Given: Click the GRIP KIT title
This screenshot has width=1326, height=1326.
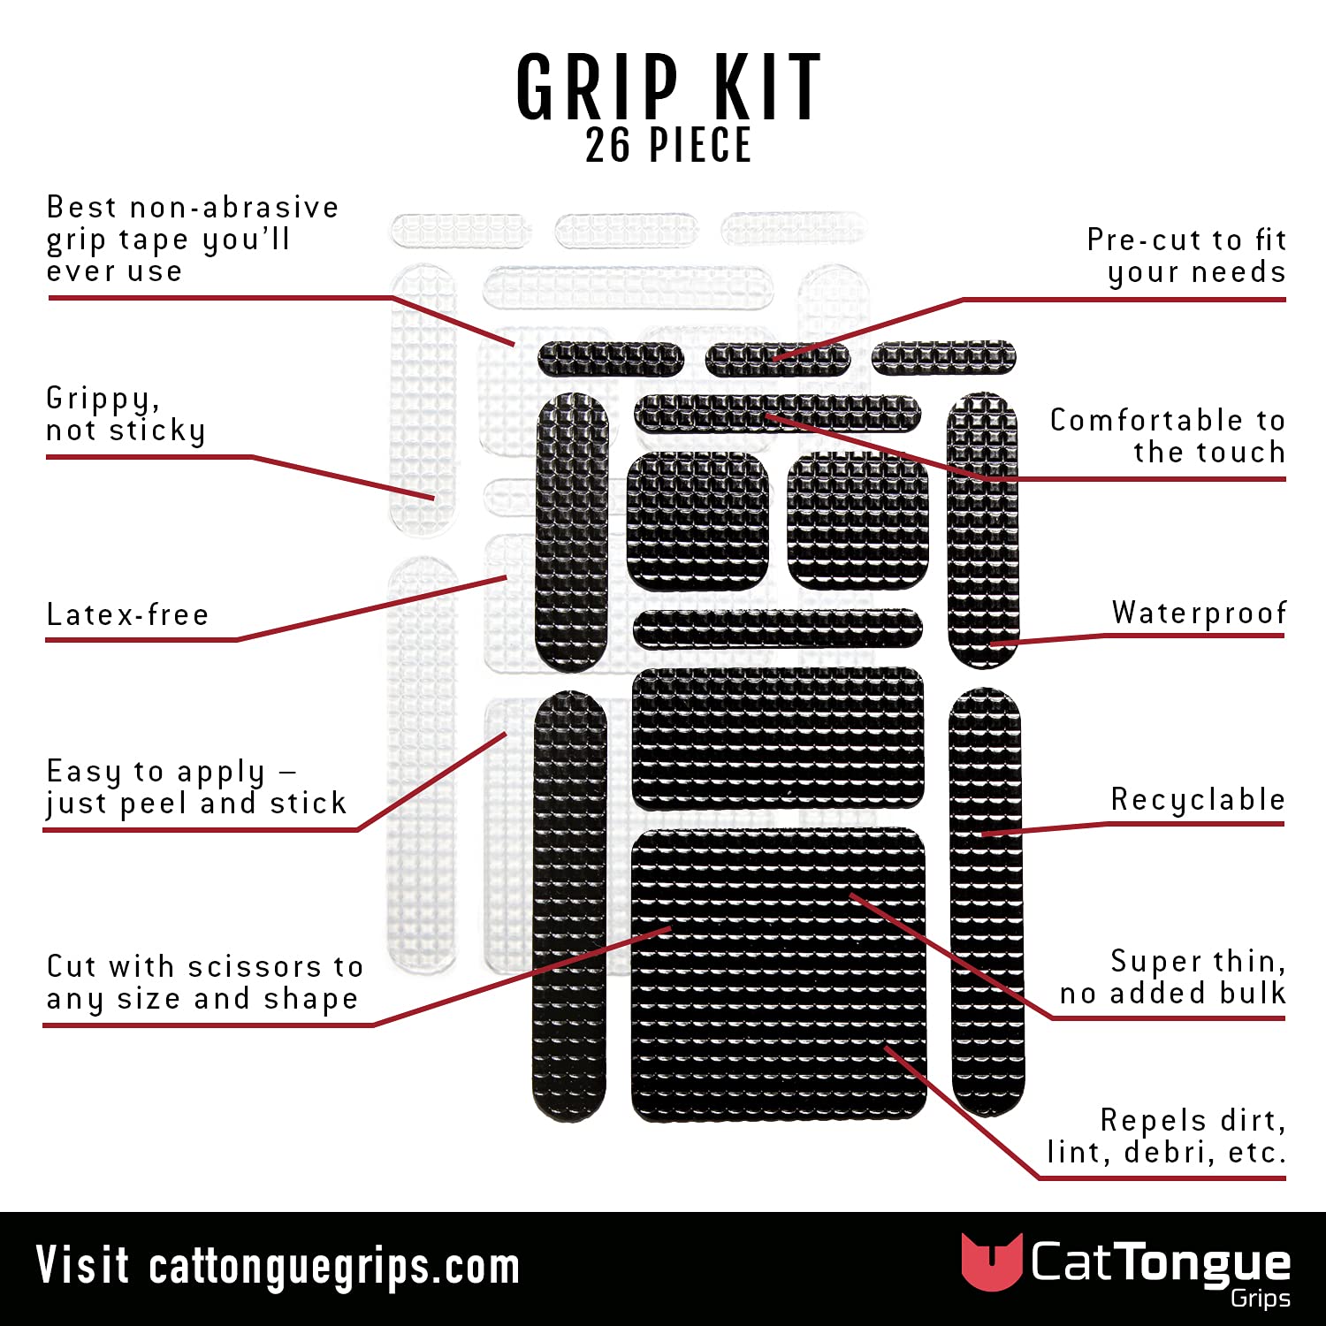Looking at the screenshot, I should tap(668, 88).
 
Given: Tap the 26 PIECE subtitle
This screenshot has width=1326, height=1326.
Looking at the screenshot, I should tap(668, 146).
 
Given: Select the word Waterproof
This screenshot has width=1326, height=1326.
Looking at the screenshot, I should tap(1199, 613).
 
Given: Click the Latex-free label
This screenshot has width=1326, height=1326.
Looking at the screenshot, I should tap(128, 614).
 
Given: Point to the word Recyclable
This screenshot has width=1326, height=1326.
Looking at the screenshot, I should tap(1198, 799).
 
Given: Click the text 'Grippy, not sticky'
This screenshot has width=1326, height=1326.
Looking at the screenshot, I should tap(126, 415).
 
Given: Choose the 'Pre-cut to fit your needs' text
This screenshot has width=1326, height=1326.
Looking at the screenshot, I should tap(1186, 255).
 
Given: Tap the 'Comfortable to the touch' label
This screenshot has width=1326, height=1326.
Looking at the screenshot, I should tap(1167, 436).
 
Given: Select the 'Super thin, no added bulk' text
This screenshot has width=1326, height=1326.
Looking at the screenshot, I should tap(1172, 977).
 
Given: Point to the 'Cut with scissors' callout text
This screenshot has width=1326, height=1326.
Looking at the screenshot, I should tap(204, 982).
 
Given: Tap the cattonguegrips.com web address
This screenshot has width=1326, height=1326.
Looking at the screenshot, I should tap(334, 1267).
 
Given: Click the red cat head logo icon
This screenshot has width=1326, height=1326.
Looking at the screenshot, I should tap(991, 1261).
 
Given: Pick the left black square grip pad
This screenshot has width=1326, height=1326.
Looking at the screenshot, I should tap(697, 521).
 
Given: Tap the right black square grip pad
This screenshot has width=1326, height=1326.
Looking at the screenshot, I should tap(857, 521).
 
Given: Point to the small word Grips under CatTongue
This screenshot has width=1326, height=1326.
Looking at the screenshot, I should tap(1260, 1299).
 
